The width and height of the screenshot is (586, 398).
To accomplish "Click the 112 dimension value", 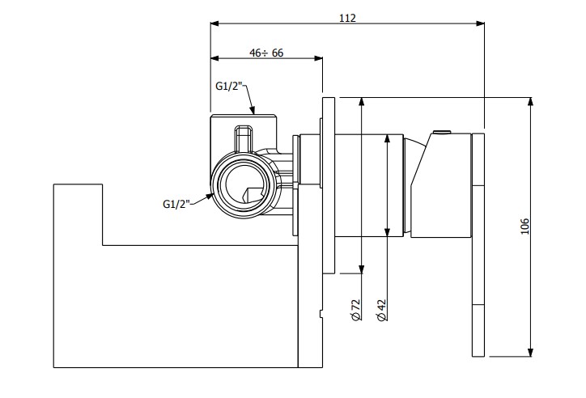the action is coord(347,18).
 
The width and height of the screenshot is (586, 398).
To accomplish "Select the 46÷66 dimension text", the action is coord(266,53).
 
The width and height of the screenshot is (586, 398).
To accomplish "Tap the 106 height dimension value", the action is coord(525,227).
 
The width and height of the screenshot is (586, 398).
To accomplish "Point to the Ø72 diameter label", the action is coord(356,310).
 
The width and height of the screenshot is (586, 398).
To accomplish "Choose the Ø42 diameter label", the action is coord(381,310).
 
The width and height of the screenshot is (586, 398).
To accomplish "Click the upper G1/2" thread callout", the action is coord(230,87).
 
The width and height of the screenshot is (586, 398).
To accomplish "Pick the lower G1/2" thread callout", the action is coord(176,204).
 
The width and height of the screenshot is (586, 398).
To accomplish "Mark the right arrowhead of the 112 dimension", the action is coord(480,23).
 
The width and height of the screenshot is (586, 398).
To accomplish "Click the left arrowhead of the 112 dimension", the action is coord(214,23).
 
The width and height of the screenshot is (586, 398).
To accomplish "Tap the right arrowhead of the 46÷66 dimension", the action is coord(318,58).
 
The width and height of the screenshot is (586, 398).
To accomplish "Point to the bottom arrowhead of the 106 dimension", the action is coord(530,352).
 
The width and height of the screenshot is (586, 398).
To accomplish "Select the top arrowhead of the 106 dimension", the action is coord(530,102).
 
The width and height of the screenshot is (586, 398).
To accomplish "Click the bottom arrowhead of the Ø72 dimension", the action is coord(361,269).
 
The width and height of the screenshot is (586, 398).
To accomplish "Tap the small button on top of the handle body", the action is coord(442,132).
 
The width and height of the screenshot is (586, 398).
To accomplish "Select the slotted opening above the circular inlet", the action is coord(244,139).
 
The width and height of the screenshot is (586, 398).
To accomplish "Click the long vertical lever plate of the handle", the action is coord(478,245).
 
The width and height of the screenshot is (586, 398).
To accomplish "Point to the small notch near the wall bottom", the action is coord(321,314).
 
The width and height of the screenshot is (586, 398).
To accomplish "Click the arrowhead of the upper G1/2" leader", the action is coord(253,110).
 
